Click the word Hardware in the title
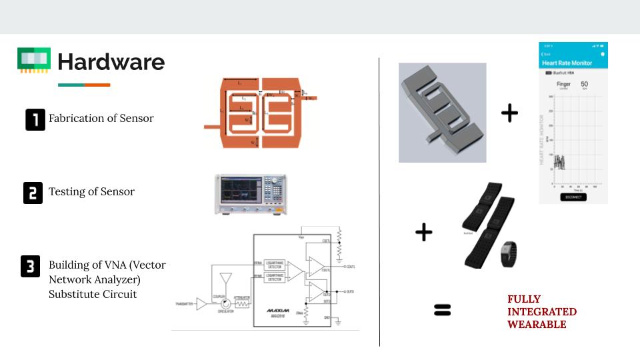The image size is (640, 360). (x=111, y=62)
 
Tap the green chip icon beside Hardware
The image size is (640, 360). (x=34, y=60)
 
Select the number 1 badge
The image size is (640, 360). (x=35, y=119)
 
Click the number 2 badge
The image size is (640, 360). (x=33, y=192)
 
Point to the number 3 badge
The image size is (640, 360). (x=31, y=266)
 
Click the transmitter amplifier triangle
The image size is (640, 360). (x=201, y=303)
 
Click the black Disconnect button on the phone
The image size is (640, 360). (x=573, y=197)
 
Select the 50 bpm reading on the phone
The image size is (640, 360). (x=584, y=85)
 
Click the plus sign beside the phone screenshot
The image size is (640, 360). (x=509, y=113)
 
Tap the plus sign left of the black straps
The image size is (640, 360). (x=423, y=232)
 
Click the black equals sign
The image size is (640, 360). (x=442, y=309)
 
